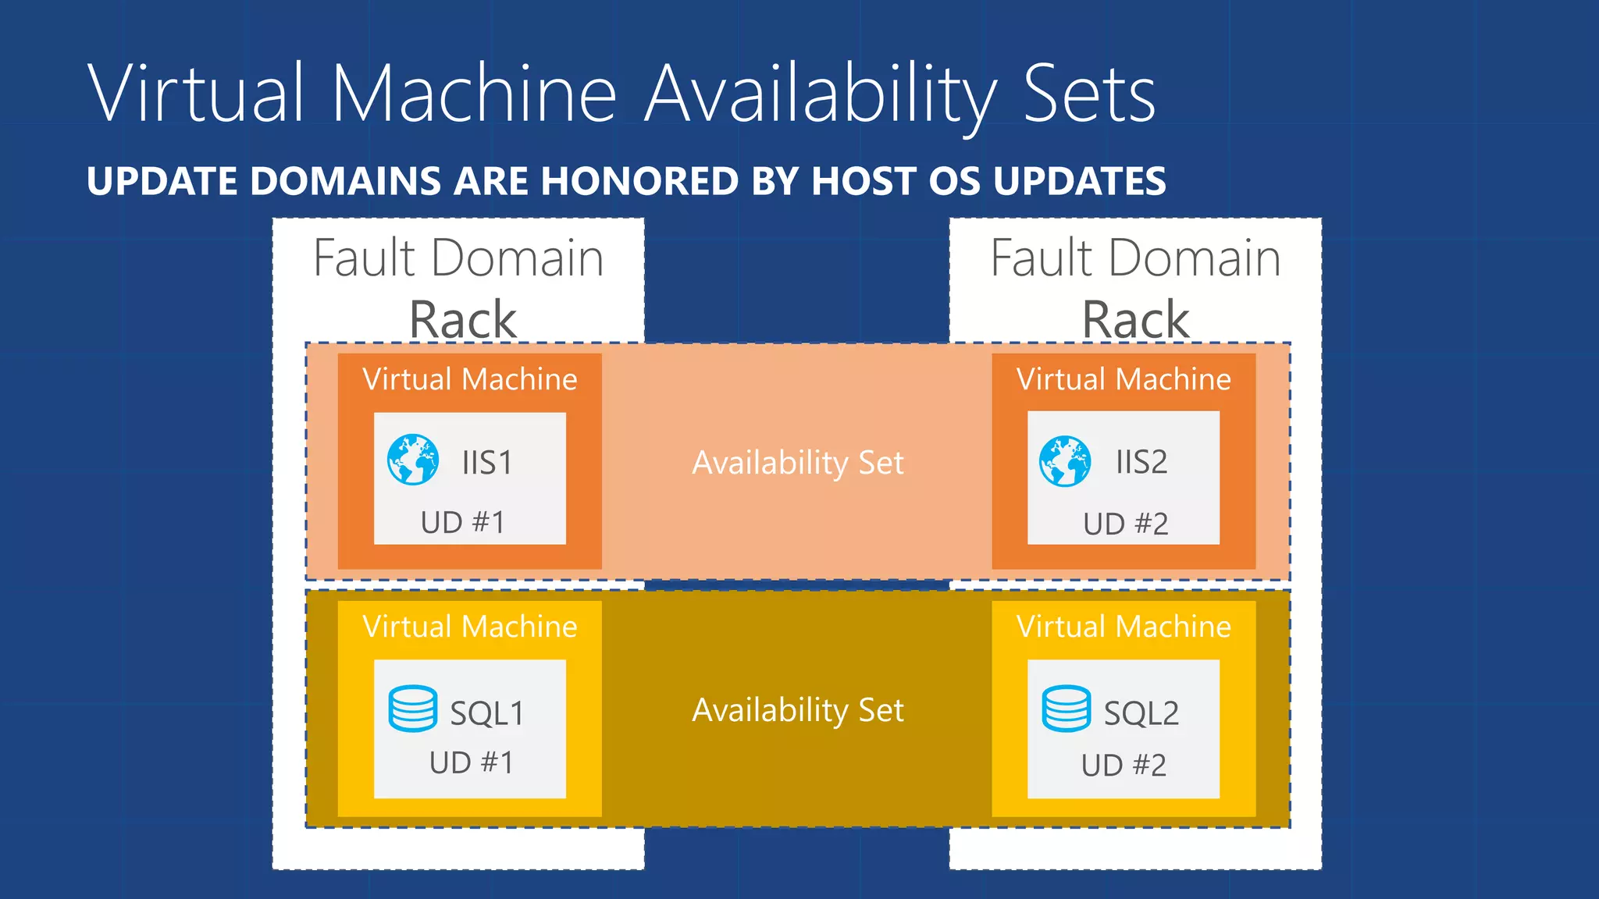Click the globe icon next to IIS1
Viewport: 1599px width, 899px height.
(x=413, y=460)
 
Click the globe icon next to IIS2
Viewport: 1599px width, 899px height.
(x=1065, y=461)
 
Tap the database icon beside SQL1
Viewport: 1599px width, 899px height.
(x=413, y=709)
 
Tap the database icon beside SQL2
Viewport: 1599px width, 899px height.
(x=1066, y=709)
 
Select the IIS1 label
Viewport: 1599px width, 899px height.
(x=487, y=463)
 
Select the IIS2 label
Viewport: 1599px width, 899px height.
(x=1141, y=462)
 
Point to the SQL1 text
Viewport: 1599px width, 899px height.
(x=487, y=713)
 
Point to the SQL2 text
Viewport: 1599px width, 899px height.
(x=1141, y=713)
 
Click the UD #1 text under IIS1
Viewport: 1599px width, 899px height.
(x=463, y=523)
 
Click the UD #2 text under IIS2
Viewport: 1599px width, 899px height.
(x=1125, y=524)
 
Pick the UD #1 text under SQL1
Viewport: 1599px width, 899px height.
(x=472, y=762)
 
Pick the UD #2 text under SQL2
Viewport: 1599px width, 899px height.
(x=1124, y=765)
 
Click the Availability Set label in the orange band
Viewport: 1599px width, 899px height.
(x=798, y=463)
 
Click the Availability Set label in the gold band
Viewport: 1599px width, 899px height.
(x=798, y=710)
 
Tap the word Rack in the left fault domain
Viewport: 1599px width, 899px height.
(x=463, y=320)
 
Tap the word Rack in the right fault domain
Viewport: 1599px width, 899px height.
(x=1135, y=320)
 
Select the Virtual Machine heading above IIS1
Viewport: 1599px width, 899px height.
(x=470, y=379)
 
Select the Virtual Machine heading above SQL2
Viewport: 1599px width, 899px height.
(x=1124, y=627)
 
